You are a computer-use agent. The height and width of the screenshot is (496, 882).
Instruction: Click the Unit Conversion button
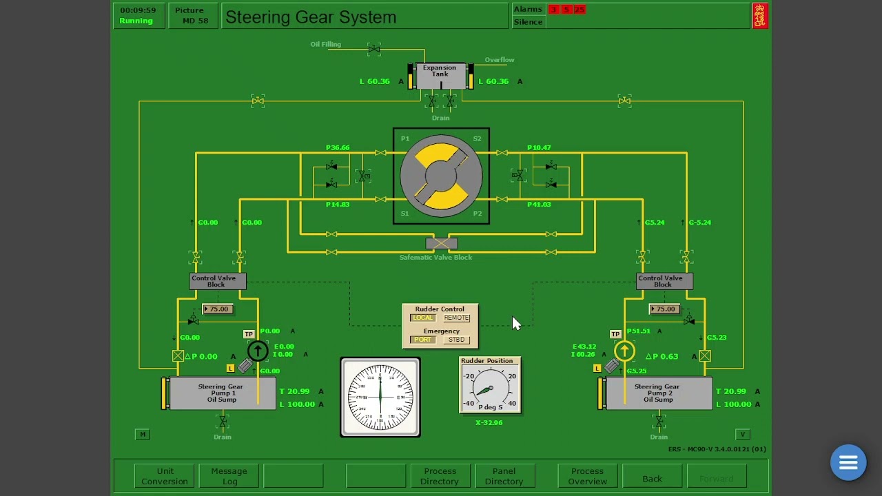click(165, 476)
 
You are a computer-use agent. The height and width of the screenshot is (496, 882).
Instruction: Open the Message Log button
click(229, 476)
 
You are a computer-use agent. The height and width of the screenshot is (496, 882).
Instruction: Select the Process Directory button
click(440, 476)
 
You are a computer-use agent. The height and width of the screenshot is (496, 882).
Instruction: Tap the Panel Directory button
click(504, 476)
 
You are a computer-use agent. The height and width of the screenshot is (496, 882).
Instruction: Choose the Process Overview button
click(587, 476)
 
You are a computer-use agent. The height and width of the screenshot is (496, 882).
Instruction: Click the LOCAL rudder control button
click(423, 318)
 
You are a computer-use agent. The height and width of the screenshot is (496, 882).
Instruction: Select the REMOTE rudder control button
click(456, 318)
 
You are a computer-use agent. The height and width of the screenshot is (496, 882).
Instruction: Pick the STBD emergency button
click(456, 340)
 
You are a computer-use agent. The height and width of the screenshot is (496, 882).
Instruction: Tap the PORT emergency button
click(423, 340)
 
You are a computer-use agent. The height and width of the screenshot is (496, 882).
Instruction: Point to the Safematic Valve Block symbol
click(441, 243)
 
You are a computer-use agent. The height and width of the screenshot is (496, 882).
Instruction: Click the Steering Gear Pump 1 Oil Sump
click(221, 393)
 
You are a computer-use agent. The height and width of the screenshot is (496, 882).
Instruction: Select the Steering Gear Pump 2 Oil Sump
click(657, 393)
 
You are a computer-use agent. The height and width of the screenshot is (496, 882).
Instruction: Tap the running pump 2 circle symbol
click(625, 351)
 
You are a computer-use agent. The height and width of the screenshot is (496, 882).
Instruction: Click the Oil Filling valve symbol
click(374, 49)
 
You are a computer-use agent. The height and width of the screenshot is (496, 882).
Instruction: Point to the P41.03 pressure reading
click(539, 205)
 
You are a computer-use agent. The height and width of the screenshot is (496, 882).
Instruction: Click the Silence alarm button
click(529, 22)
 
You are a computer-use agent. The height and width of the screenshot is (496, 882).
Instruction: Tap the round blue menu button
click(848, 462)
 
